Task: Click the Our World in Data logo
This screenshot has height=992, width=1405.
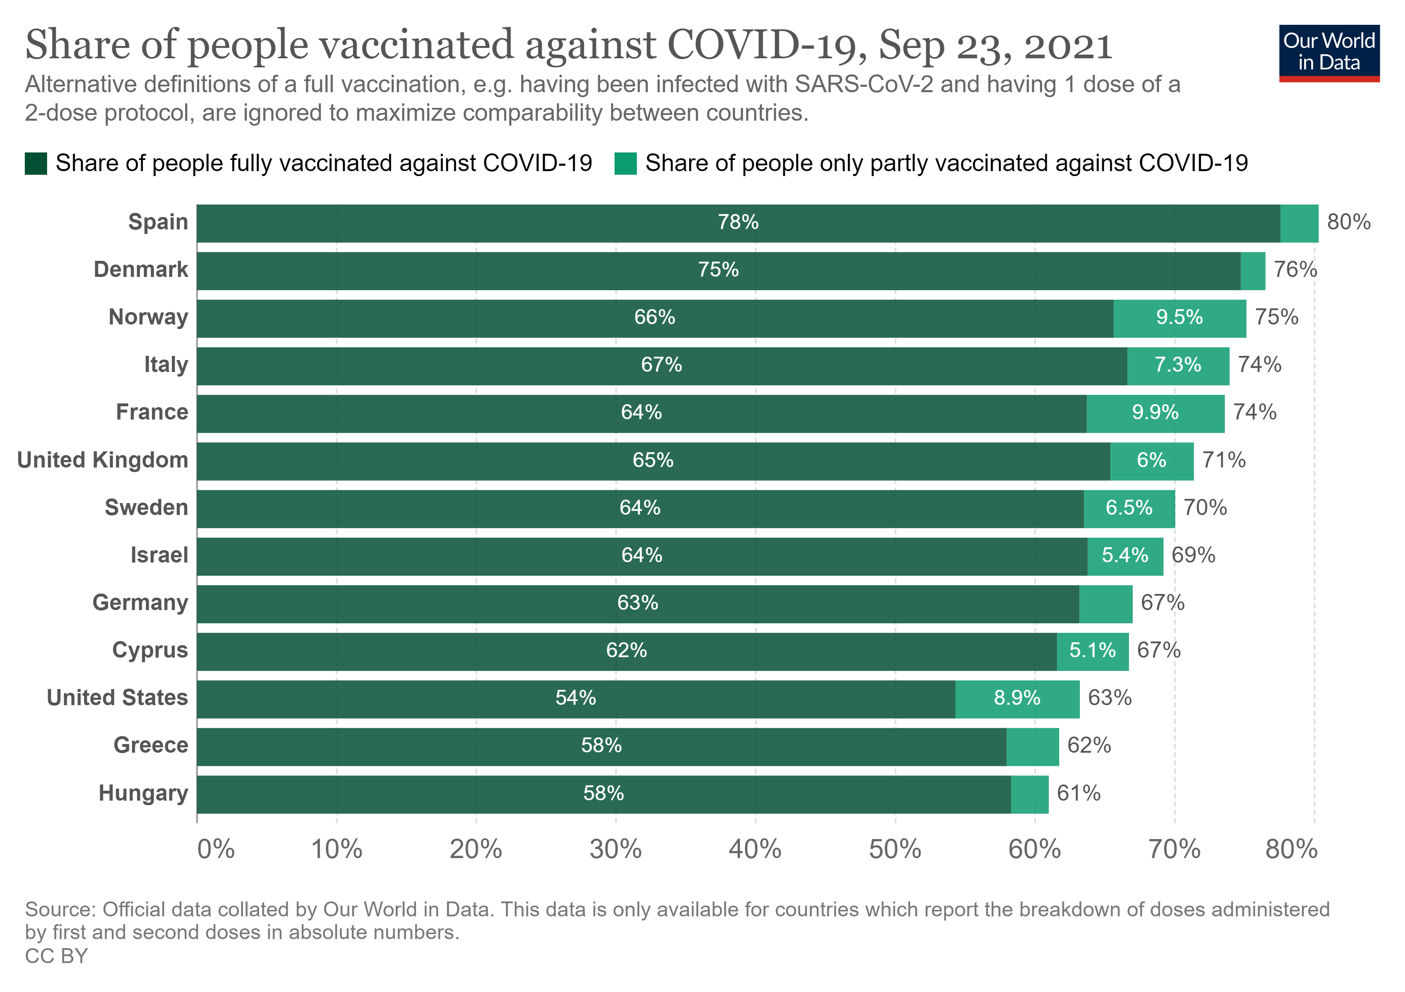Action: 1329,52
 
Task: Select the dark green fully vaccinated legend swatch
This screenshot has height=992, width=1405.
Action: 36,163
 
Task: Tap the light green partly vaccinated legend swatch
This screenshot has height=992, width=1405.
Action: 625,163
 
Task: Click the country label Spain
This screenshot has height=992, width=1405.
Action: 158,222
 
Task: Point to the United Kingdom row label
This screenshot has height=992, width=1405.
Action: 103,460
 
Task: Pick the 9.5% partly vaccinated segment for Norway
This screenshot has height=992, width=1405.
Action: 1179,317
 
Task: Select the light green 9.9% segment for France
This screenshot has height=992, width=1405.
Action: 1155,413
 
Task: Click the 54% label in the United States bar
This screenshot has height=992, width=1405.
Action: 575,698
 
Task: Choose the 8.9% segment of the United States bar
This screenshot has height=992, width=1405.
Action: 1017,698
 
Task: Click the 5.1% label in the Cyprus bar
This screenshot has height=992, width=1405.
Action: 1092,651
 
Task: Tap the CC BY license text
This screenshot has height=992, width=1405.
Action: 56,956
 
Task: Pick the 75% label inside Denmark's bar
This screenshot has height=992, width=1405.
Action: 719,270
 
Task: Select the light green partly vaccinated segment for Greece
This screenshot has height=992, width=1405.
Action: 1032,746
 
